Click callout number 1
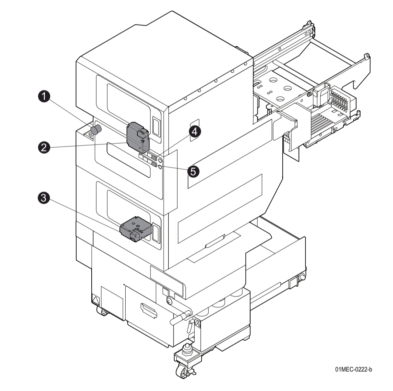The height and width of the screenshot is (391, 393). [x=44, y=97]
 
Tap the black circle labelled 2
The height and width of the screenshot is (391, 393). [x=44, y=147]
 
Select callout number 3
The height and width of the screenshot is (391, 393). [x=44, y=198]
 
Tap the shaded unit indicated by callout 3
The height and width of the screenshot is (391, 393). [x=134, y=229]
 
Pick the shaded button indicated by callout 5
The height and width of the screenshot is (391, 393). [x=154, y=165]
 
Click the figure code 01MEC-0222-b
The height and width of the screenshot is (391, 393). [x=354, y=370]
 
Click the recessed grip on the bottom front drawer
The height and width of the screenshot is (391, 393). [x=149, y=312]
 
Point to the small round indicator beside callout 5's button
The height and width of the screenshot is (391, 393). [x=160, y=167]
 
